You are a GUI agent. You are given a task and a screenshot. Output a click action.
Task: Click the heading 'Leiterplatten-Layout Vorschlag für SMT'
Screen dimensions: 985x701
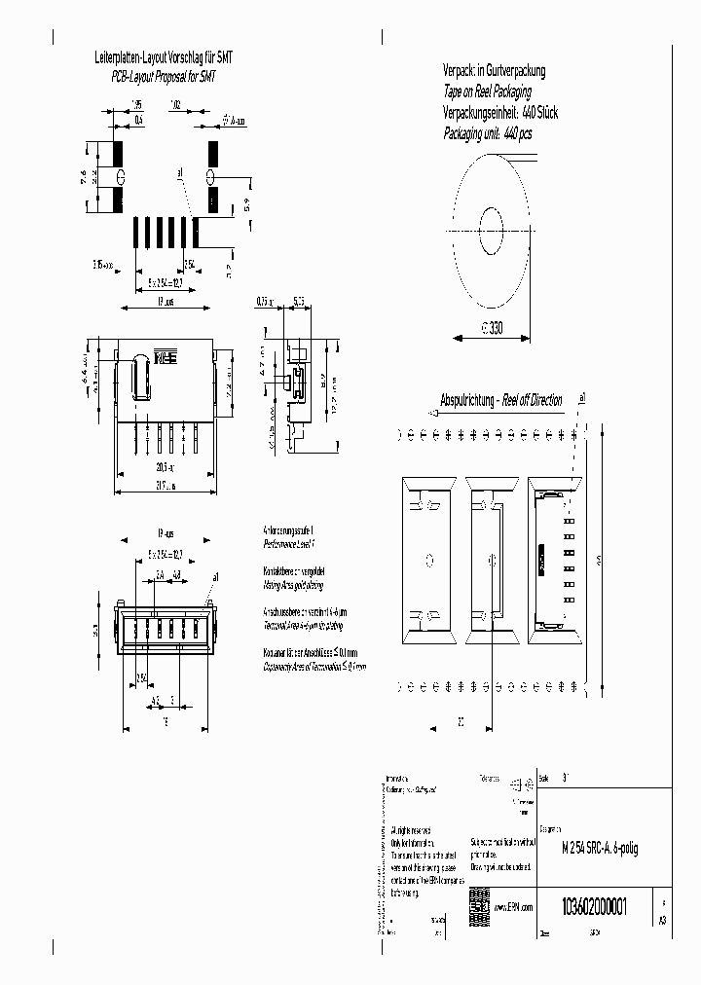pyautogui.click(x=162, y=58)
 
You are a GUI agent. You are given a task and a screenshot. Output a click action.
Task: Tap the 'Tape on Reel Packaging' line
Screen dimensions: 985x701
pyautogui.click(x=487, y=91)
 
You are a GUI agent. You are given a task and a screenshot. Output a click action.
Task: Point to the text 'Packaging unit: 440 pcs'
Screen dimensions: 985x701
pyautogui.click(x=488, y=133)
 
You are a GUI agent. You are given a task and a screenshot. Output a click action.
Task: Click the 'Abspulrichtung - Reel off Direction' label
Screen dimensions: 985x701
pyautogui.click(x=500, y=400)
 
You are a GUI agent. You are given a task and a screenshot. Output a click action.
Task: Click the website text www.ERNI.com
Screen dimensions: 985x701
pyautogui.click(x=514, y=906)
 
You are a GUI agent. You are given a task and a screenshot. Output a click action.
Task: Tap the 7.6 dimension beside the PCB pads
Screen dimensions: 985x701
pyautogui.click(x=85, y=177)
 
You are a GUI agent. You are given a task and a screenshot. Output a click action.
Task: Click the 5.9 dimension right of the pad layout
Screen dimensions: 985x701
pyautogui.click(x=246, y=205)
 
